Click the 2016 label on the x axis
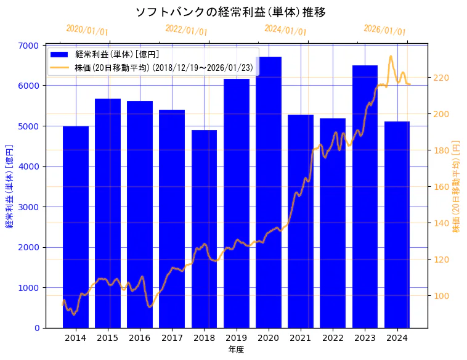pyautogui.click(x=140, y=338)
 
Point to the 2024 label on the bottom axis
pyautogui.click(x=397, y=338)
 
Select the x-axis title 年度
pyautogui.click(x=236, y=350)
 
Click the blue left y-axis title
pyautogui.click(x=9, y=186)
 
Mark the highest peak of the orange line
pyautogui.click(x=391, y=56)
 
